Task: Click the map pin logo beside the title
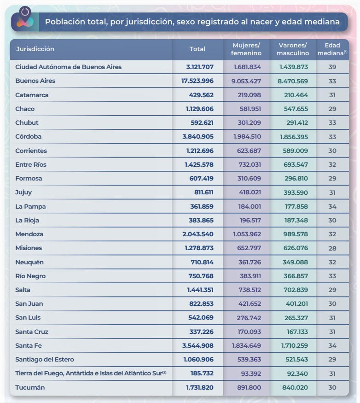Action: (25, 17)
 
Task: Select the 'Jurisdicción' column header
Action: (35, 49)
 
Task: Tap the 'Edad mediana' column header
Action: (332, 49)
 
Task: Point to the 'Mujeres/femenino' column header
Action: (246, 49)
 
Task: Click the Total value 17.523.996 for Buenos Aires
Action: (197, 81)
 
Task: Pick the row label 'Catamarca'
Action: (32, 95)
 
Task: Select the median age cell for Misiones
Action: (332, 248)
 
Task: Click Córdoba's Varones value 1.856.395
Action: (294, 137)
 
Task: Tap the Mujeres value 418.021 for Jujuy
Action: (250, 192)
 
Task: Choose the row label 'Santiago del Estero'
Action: (45, 359)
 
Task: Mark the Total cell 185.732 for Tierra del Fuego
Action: (202, 373)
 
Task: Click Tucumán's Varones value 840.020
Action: (295, 387)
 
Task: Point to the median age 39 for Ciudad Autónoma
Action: (332, 67)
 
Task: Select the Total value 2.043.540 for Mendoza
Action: (198, 234)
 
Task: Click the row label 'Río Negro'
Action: (30, 276)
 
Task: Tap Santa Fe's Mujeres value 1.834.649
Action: (246, 346)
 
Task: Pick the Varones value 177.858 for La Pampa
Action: (296, 206)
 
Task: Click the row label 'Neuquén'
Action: (29, 263)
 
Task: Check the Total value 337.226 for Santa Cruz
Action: (202, 332)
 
